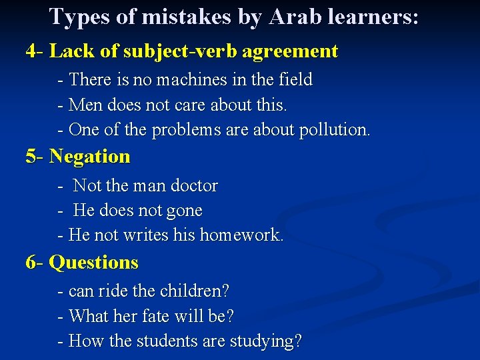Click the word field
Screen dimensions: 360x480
(294, 80)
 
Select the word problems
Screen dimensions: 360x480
(186, 130)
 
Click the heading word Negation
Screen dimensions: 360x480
(90, 157)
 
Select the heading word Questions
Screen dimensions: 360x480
(94, 263)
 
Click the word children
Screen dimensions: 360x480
(195, 291)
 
